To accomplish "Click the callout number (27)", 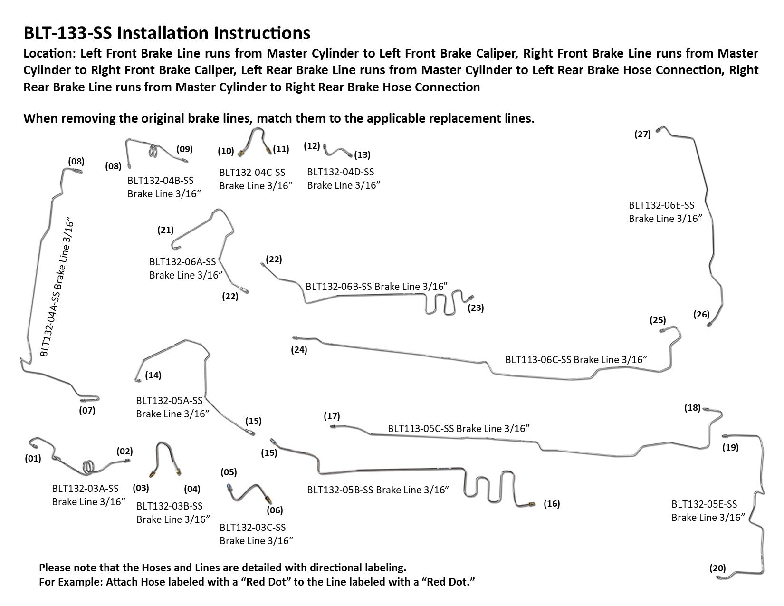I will coord(642,135).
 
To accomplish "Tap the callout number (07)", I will coord(87,410).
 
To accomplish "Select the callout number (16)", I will coord(552,504).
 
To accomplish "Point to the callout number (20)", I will coord(717,568).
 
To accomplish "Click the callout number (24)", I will coord(299,350).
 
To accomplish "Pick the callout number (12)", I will coord(312,145).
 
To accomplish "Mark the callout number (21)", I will coord(165,230).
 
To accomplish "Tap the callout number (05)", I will coord(229,472).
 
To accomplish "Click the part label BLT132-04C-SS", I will coord(252,172).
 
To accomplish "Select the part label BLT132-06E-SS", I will coord(661,205).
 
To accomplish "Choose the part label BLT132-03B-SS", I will coord(169,506).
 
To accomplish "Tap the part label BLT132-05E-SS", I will coord(704,504).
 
